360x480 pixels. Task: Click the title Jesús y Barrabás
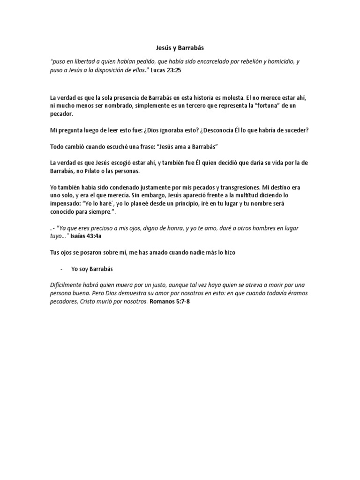point(180,47)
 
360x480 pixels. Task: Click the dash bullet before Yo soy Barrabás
point(62,270)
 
